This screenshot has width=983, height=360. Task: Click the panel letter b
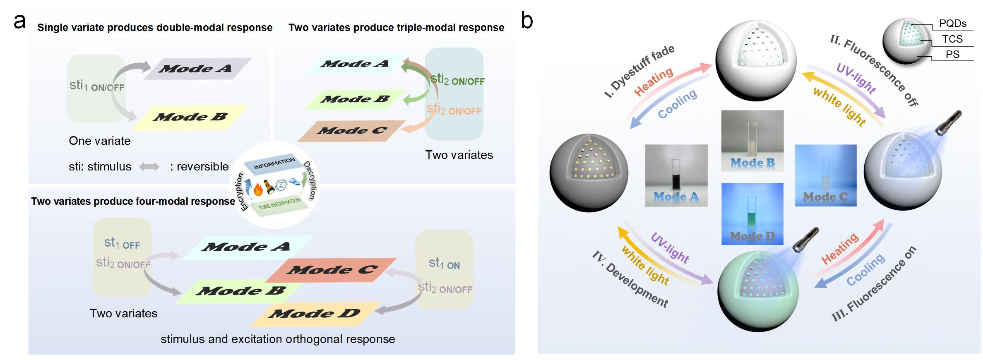pos(527,20)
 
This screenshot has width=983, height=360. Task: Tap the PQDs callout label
pos(952,24)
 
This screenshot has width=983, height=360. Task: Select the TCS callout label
pos(952,39)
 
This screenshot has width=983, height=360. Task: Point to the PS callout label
pos(952,55)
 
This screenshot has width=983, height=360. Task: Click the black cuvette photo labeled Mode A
pos(676,175)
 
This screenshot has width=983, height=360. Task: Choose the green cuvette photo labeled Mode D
pos(752,214)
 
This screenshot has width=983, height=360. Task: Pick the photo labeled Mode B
pos(752,141)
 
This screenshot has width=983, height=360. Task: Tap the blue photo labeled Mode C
pos(825,175)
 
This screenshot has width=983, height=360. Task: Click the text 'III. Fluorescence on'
pos(874,284)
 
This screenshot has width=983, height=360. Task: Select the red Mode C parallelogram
pos(331,270)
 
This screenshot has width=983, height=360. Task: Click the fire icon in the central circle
pos(258,190)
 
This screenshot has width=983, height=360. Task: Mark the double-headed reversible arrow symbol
pos(149,167)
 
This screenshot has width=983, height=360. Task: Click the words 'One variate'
pos(100,141)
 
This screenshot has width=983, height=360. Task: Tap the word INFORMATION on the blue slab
pos(274,164)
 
